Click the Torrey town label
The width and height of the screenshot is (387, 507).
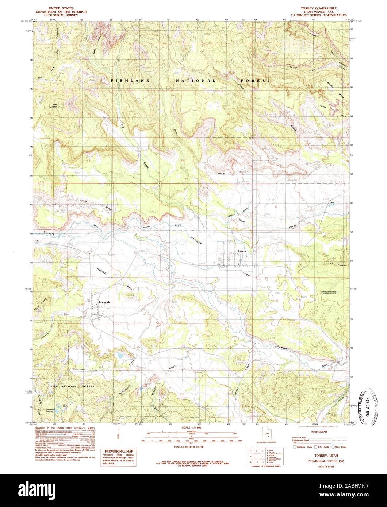coord(242,251)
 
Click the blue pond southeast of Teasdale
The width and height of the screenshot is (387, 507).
coord(119,354)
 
